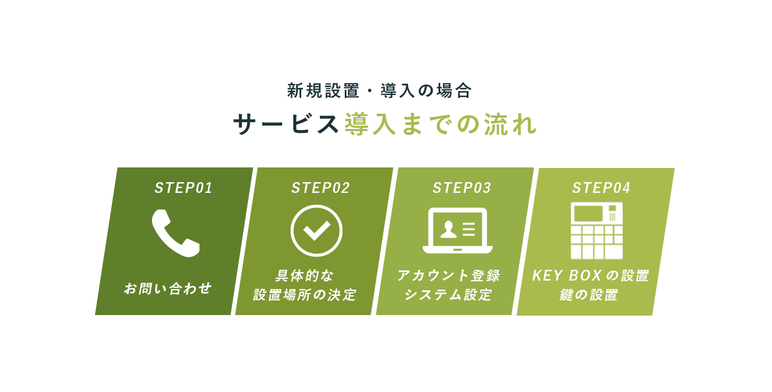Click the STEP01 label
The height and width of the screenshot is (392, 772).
(183, 188)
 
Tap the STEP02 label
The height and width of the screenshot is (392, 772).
(320, 188)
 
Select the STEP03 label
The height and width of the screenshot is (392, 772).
(462, 188)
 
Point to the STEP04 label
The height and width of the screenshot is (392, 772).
(601, 188)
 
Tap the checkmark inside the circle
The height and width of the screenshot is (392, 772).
(316, 231)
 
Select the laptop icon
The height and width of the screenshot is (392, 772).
(458, 231)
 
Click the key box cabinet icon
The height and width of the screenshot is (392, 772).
(597, 231)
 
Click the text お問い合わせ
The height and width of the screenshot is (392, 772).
(168, 288)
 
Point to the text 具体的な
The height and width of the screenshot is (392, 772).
(305, 275)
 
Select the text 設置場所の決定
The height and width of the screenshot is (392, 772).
(305, 295)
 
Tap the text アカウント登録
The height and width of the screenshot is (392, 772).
(448, 275)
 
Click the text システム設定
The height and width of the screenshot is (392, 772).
(448, 295)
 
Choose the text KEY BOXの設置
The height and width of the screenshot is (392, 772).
(591, 275)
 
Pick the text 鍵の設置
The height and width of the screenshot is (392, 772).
(589, 295)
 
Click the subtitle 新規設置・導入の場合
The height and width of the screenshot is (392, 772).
(379, 91)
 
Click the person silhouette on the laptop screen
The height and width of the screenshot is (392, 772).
(448, 230)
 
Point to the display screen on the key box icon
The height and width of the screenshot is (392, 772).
(588, 213)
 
